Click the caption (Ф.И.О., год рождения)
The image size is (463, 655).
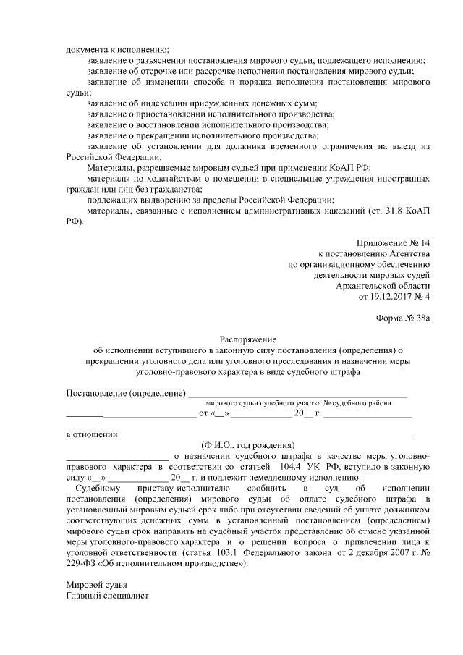(248, 445)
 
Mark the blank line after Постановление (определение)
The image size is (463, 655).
(297, 395)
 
